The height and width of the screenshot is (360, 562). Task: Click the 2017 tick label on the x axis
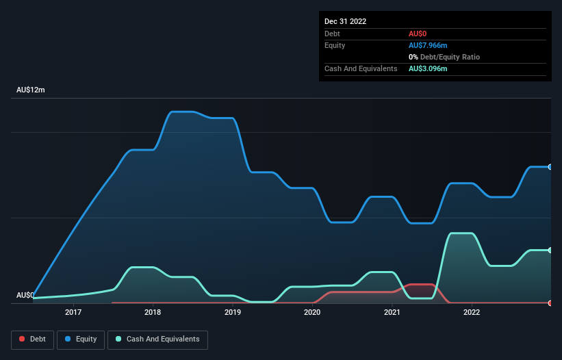tap(73, 312)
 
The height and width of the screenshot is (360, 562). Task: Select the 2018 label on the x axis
tap(153, 312)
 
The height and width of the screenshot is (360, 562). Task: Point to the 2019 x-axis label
tap(233, 312)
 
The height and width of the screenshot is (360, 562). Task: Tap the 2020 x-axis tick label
tap(312, 312)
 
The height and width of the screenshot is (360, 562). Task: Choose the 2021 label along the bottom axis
tap(392, 312)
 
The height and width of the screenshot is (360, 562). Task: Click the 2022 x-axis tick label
tap(472, 312)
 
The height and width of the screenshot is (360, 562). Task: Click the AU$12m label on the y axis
tap(30, 90)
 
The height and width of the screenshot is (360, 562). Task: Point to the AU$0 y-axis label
tap(25, 295)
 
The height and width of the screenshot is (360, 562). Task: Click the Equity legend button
tap(81, 339)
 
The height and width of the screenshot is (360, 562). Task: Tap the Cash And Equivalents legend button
tap(157, 339)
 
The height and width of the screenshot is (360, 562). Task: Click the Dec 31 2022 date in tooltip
tap(346, 21)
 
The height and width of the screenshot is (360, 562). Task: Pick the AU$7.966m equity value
tap(428, 45)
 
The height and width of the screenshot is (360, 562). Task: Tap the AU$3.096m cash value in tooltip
tap(428, 69)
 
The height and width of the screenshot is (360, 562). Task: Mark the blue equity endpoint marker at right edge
tap(550, 167)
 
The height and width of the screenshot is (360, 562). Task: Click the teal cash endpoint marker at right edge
tap(550, 250)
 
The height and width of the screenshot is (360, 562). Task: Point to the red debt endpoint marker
tap(550, 303)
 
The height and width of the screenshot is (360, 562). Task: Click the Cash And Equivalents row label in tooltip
tap(361, 69)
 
